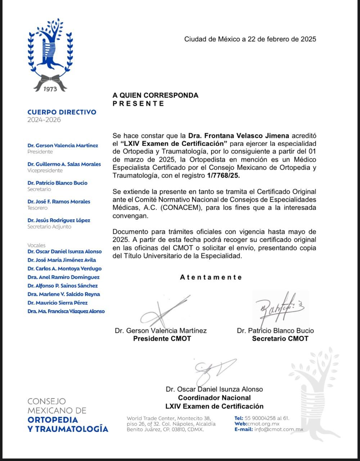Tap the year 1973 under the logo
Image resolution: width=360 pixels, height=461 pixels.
click(x=50, y=89)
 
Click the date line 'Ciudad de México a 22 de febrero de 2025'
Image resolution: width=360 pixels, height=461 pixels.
click(x=250, y=39)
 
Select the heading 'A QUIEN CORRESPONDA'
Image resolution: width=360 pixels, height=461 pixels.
click(x=156, y=95)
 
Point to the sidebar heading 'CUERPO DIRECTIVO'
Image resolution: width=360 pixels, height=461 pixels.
click(x=62, y=112)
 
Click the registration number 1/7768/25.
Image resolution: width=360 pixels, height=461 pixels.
click(x=223, y=175)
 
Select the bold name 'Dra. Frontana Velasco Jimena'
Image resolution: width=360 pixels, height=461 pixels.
click(x=239, y=136)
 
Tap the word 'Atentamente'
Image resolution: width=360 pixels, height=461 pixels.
click(x=211, y=277)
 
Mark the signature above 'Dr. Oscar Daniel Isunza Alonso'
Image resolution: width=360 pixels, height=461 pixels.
click(x=212, y=371)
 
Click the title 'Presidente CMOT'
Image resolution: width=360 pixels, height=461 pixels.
click(x=162, y=339)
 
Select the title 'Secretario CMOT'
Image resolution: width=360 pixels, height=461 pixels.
click(x=280, y=339)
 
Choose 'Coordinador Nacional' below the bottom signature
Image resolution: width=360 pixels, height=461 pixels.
click(x=215, y=398)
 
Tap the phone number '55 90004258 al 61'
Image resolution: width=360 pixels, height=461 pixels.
click(x=267, y=418)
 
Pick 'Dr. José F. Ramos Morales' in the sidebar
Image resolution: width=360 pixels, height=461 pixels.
click(x=59, y=202)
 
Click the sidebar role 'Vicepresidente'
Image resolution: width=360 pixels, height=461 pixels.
click(x=45, y=171)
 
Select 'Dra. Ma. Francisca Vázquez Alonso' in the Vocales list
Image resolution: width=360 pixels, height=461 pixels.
click(x=66, y=311)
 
